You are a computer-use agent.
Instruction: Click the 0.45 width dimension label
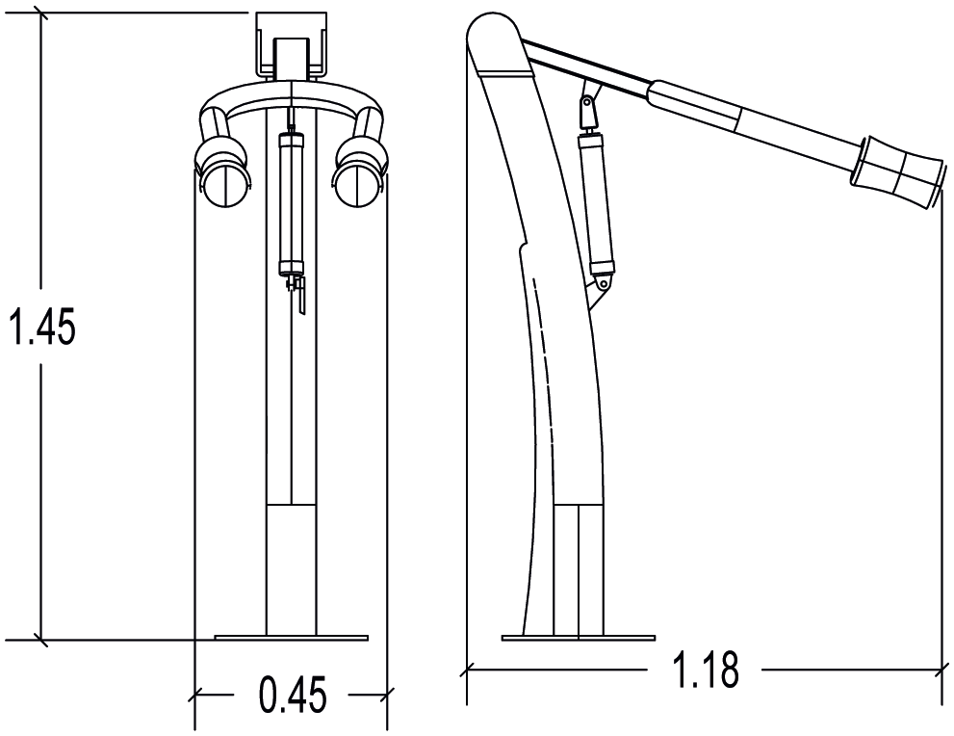(x=293, y=695)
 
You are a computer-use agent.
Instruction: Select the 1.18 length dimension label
(x=706, y=670)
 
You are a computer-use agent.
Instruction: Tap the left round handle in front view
(x=226, y=184)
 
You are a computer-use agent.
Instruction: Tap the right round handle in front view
(x=358, y=184)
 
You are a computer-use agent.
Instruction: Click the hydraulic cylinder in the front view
(x=291, y=204)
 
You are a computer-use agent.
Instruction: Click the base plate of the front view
(x=292, y=638)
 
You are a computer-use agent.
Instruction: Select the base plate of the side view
(x=578, y=638)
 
